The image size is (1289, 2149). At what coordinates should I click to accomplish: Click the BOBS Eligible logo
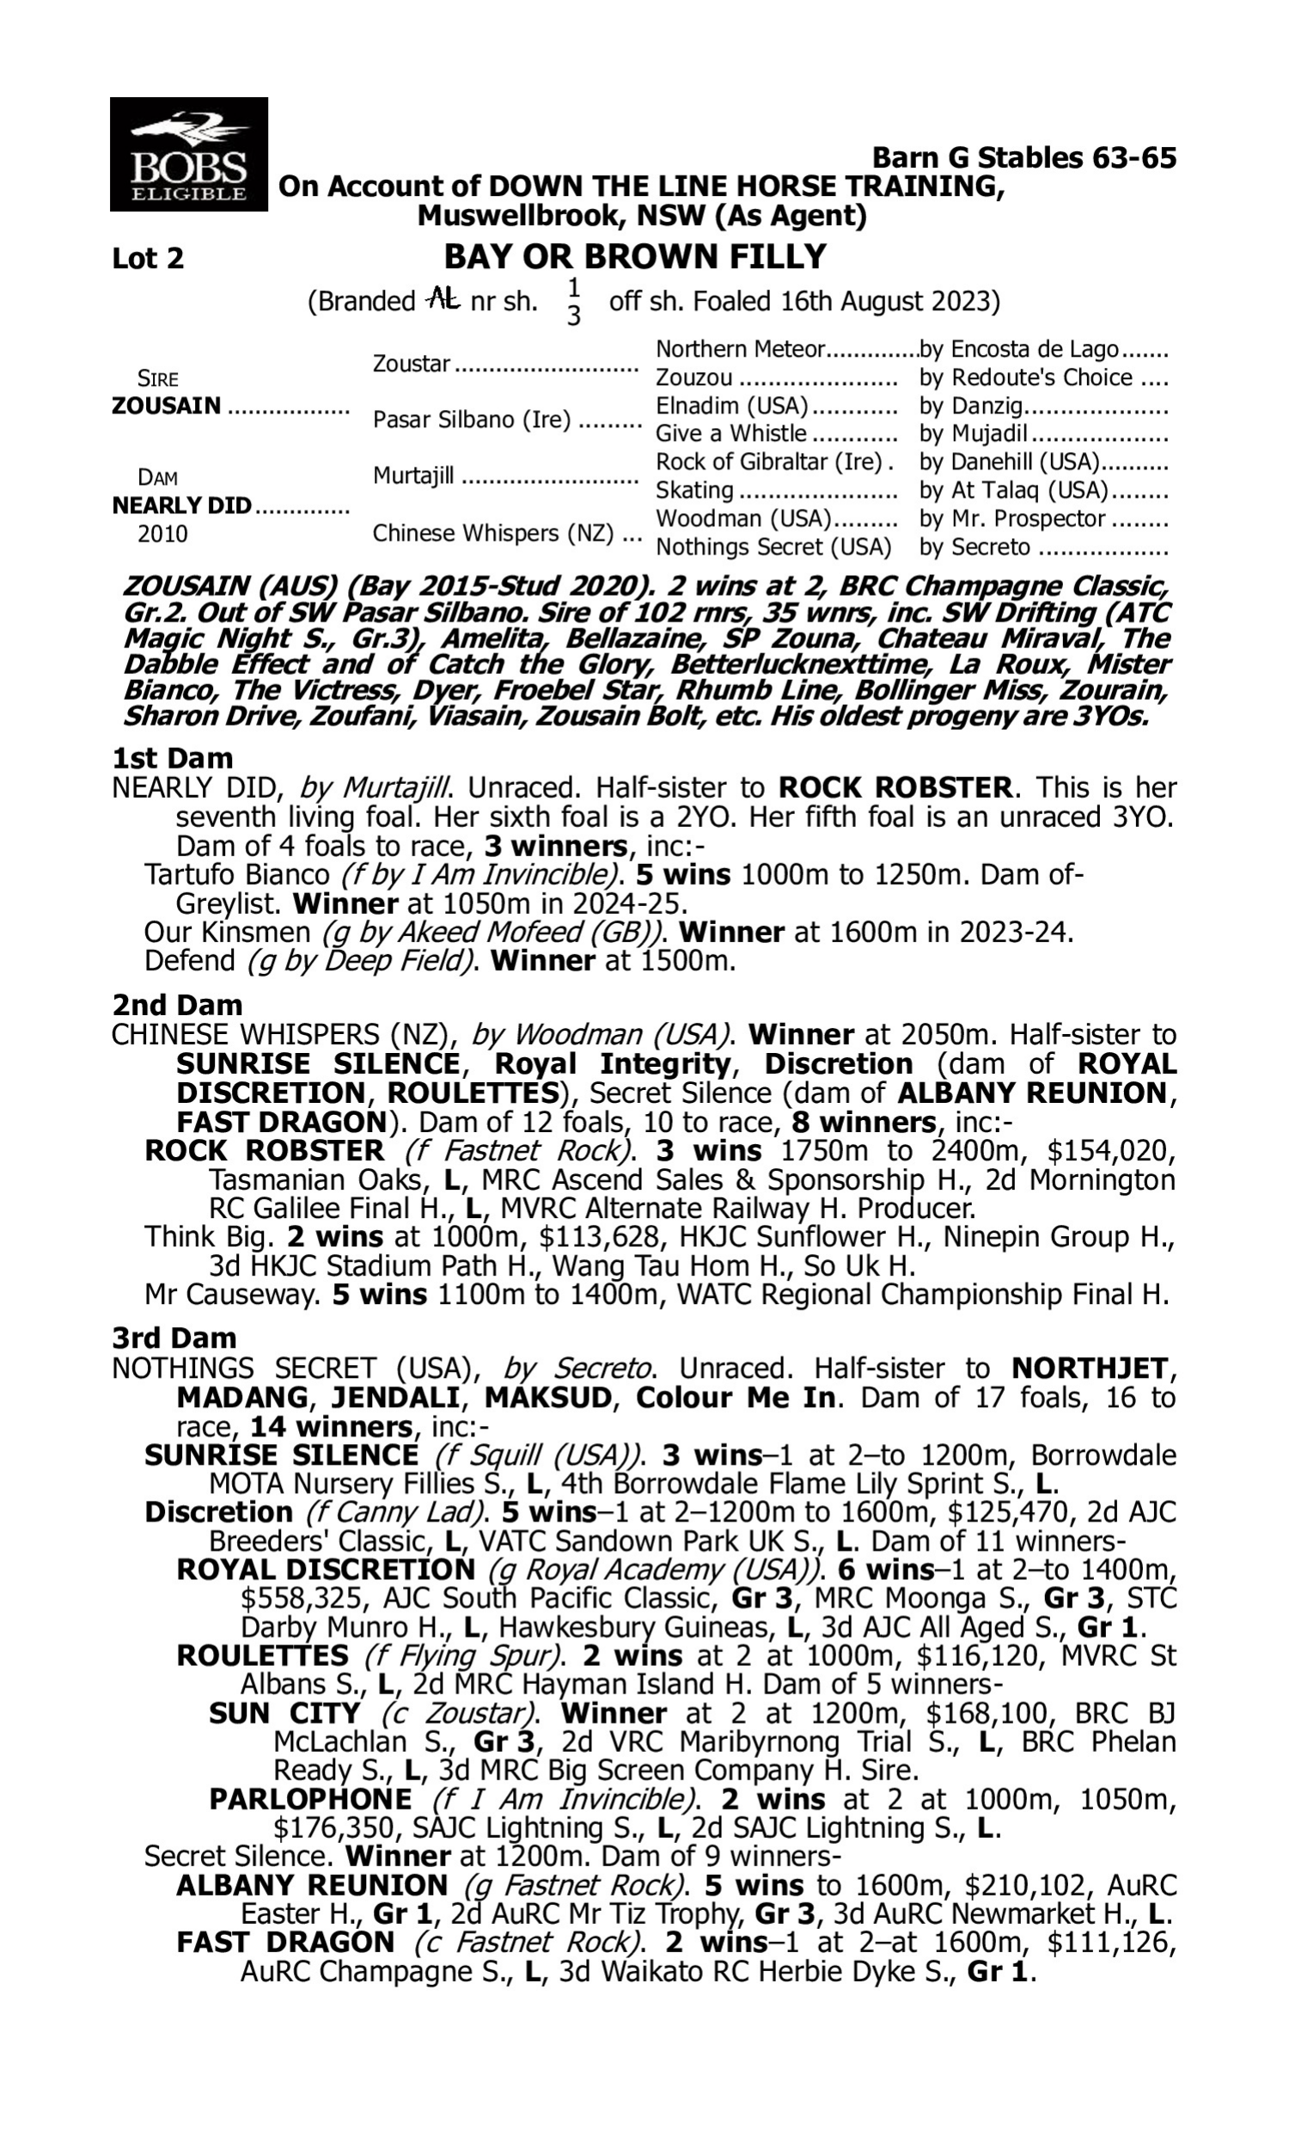point(188,155)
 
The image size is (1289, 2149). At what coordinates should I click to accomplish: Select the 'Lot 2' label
point(148,259)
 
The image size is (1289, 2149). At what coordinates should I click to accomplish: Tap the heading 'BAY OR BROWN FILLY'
point(635,257)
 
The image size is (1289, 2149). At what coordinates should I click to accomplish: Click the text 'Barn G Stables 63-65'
point(1024,157)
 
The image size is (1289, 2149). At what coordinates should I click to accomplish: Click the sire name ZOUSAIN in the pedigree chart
point(167,406)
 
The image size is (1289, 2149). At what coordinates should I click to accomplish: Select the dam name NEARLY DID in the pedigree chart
point(181,505)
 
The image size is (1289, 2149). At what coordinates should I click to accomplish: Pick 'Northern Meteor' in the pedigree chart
point(740,349)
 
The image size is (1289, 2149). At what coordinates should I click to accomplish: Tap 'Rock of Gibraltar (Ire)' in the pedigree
point(769,462)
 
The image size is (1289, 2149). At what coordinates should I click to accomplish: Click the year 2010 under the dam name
point(162,533)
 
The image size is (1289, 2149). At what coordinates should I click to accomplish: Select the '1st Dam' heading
point(173,758)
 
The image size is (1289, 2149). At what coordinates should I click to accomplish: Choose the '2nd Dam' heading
point(177,1005)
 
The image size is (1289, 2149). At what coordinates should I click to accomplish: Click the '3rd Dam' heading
point(174,1338)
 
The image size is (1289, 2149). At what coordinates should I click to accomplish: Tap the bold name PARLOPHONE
point(311,1799)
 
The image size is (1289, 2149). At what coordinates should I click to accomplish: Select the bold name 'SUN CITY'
point(285,1713)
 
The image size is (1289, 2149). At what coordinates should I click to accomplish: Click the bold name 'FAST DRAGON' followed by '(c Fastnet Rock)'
point(286,1941)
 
